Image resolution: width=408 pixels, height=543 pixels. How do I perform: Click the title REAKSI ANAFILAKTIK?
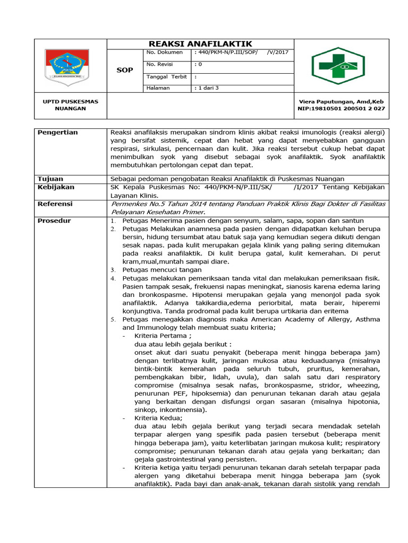(x=200, y=43)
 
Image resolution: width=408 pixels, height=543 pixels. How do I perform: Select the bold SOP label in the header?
(x=125, y=70)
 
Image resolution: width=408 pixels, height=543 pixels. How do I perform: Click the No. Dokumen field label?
(x=165, y=52)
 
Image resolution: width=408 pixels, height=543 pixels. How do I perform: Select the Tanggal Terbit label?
(x=166, y=76)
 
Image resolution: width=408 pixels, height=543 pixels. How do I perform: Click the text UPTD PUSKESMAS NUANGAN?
(x=71, y=104)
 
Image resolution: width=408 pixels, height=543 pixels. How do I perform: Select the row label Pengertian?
(x=58, y=132)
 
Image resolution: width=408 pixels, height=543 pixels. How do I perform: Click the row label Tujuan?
(x=50, y=178)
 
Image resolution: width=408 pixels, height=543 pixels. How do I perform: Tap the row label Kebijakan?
(x=56, y=187)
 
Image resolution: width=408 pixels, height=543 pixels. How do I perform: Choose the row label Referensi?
(x=55, y=204)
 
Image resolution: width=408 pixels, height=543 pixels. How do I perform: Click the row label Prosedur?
(x=54, y=220)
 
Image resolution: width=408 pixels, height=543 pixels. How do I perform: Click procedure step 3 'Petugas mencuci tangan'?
(x=159, y=269)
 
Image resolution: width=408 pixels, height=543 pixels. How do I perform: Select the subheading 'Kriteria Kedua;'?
(x=158, y=418)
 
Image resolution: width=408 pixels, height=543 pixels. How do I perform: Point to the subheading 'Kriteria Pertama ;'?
(x=162, y=336)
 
